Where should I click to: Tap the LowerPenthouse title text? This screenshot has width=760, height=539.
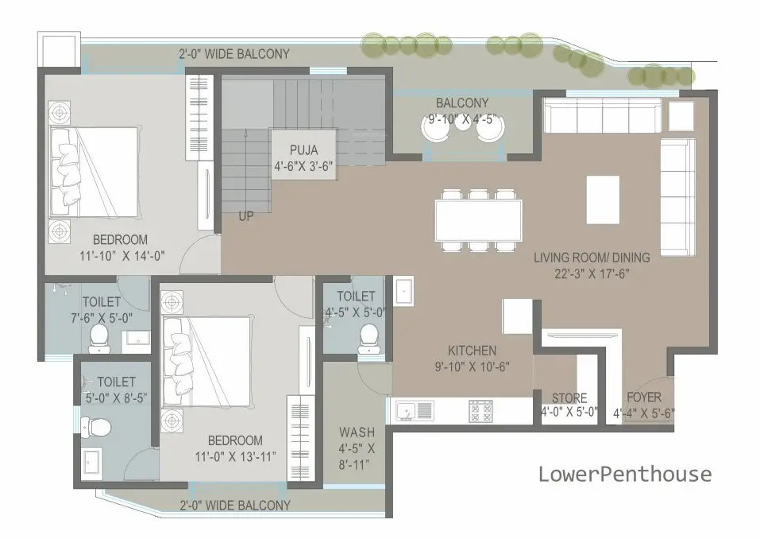pos(625,475)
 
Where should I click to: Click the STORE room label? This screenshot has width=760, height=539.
pos(569,397)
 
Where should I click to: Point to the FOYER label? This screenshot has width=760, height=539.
pos(643,397)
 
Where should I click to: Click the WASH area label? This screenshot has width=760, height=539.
pos(357,432)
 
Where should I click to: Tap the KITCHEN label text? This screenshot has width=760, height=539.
pos(472,351)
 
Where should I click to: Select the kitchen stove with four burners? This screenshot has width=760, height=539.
pos(480,410)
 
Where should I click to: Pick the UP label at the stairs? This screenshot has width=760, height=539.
pos(246,215)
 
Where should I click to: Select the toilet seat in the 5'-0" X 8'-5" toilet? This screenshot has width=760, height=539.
pos(98,427)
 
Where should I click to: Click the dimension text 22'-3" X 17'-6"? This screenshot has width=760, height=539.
pos(592,273)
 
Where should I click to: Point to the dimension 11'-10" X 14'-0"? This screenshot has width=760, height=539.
pos(121,255)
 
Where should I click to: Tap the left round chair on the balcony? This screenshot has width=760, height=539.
pos(435,130)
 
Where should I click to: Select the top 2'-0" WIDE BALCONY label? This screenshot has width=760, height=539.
pos(233,54)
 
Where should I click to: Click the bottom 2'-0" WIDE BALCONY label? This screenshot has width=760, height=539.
pos(234,505)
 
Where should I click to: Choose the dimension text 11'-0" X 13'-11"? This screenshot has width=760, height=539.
pos(235,456)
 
